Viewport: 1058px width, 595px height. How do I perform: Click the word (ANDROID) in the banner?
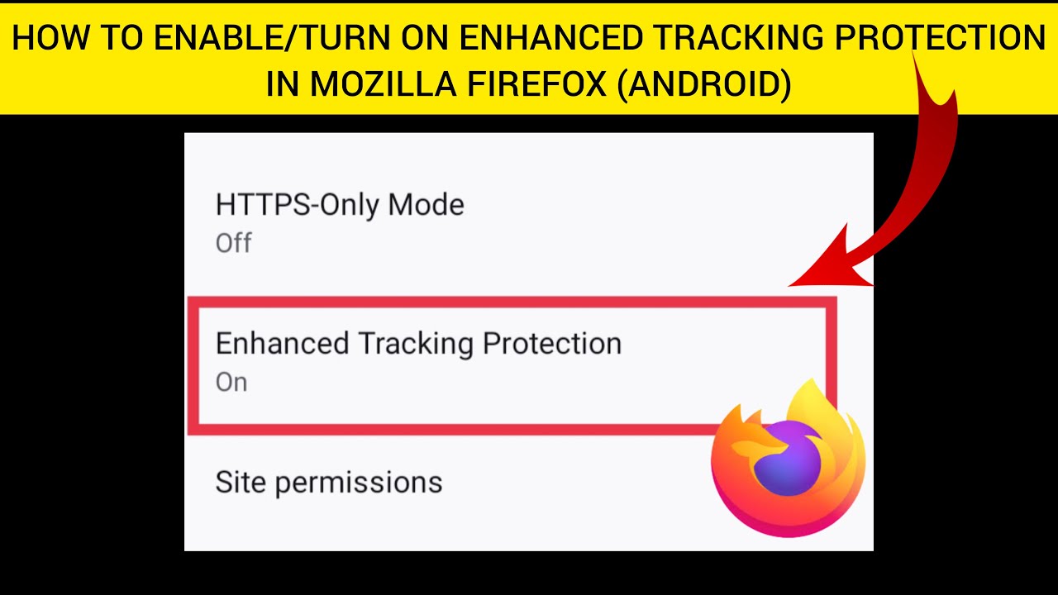703,84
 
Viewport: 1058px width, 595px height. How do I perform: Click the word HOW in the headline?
45,39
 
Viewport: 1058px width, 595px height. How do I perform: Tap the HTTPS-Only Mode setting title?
340,205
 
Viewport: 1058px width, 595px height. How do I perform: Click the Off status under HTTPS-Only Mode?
233,243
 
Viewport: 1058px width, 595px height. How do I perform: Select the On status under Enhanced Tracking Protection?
231,383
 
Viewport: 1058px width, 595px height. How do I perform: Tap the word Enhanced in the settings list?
282,344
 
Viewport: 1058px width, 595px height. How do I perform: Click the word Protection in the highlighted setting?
551,344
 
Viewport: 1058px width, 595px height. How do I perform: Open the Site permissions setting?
328,483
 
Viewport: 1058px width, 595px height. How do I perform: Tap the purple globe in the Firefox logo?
787,459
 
